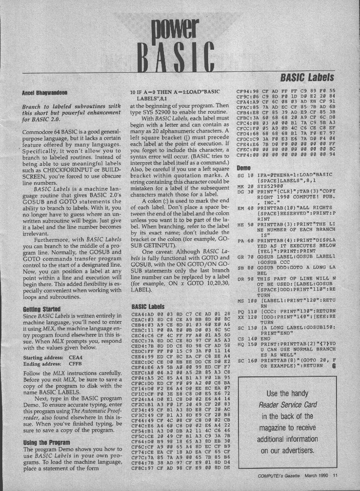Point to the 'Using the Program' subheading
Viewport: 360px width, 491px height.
pos(45,430)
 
